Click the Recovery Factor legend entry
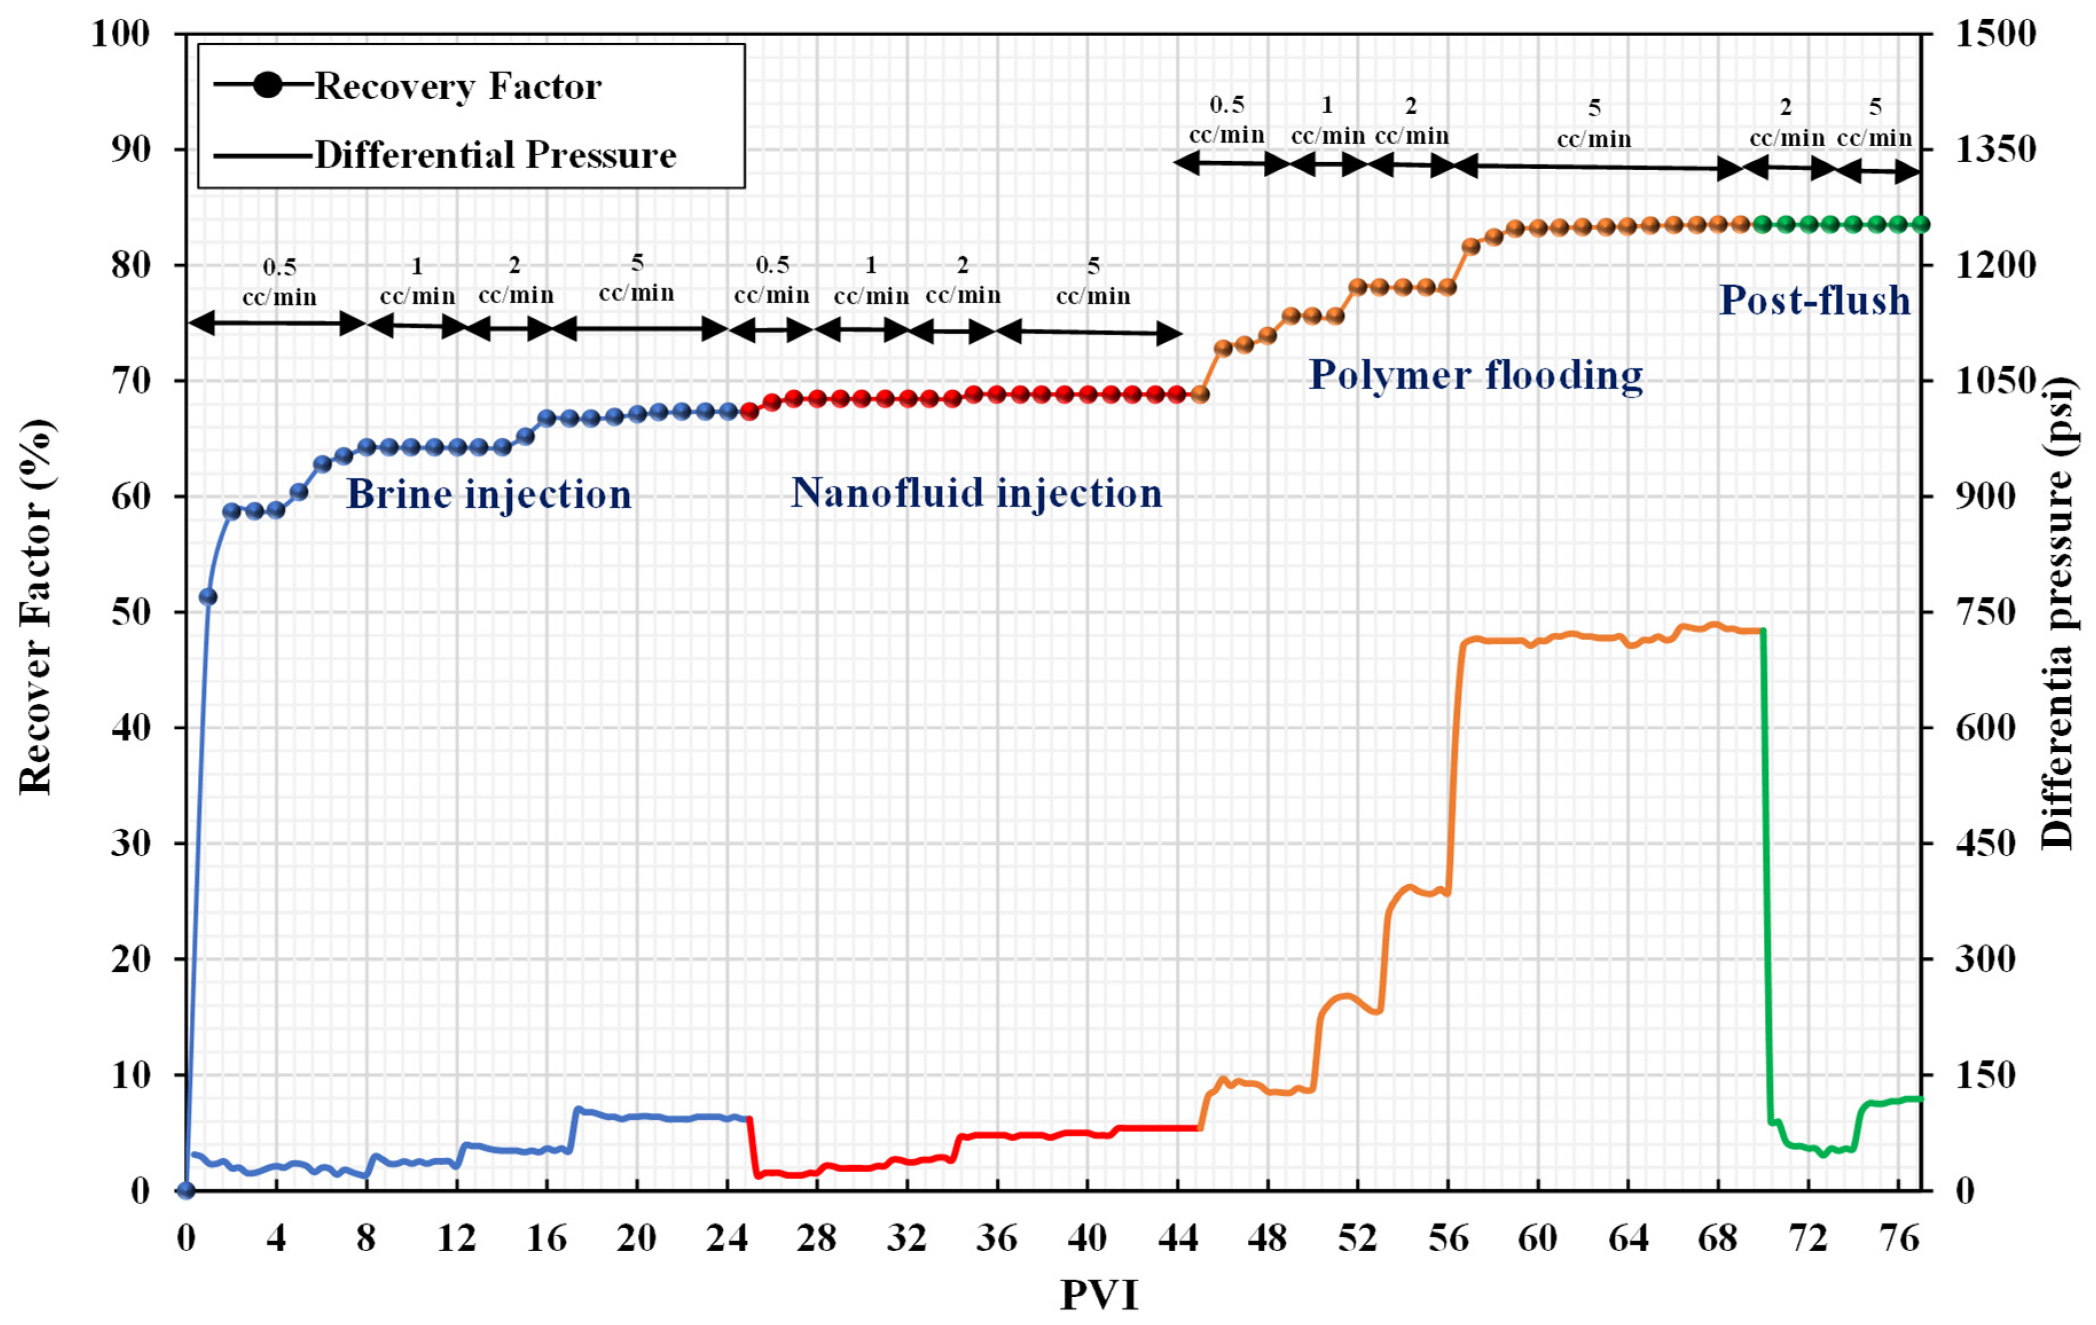coord(457,86)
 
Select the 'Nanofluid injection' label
coord(975,493)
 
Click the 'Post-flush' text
coord(1814,300)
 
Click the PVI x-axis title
coord(1099,1295)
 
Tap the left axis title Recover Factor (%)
coord(37,607)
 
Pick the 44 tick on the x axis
coord(1178,1237)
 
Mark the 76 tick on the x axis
coord(1898,1237)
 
